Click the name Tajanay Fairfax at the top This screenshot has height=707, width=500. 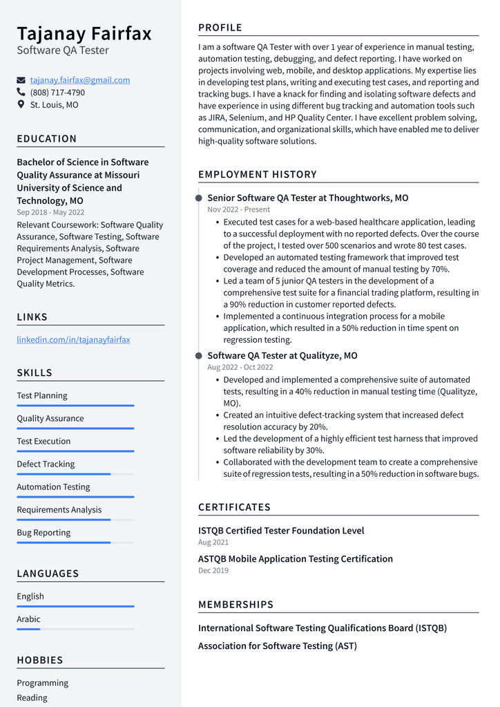click(x=84, y=33)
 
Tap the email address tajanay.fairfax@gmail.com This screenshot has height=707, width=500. click(x=80, y=80)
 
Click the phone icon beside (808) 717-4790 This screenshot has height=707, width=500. click(x=21, y=92)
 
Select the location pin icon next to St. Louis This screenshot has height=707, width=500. click(x=21, y=104)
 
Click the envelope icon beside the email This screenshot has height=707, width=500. click(x=21, y=80)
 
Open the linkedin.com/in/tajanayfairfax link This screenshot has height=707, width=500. click(x=73, y=339)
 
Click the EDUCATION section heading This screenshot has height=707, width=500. click(x=47, y=139)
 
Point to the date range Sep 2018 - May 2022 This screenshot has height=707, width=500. click(x=50, y=212)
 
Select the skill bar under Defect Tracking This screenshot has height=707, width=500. click(x=75, y=474)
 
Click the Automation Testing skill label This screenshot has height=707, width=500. click(x=53, y=487)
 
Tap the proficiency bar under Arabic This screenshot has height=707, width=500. click(x=75, y=629)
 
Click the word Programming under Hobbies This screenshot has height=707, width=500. click(x=43, y=683)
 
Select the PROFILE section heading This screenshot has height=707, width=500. click(x=220, y=28)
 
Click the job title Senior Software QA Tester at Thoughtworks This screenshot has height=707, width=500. click(x=308, y=198)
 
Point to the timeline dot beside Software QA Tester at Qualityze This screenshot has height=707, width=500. click(x=199, y=356)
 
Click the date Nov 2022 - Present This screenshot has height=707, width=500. click(x=239, y=209)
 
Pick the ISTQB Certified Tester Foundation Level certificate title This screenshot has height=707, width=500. click(x=281, y=531)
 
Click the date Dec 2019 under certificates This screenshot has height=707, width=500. click(x=213, y=570)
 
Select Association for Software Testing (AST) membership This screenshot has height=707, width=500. click(x=278, y=646)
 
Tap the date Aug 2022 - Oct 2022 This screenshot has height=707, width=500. click(x=240, y=367)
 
